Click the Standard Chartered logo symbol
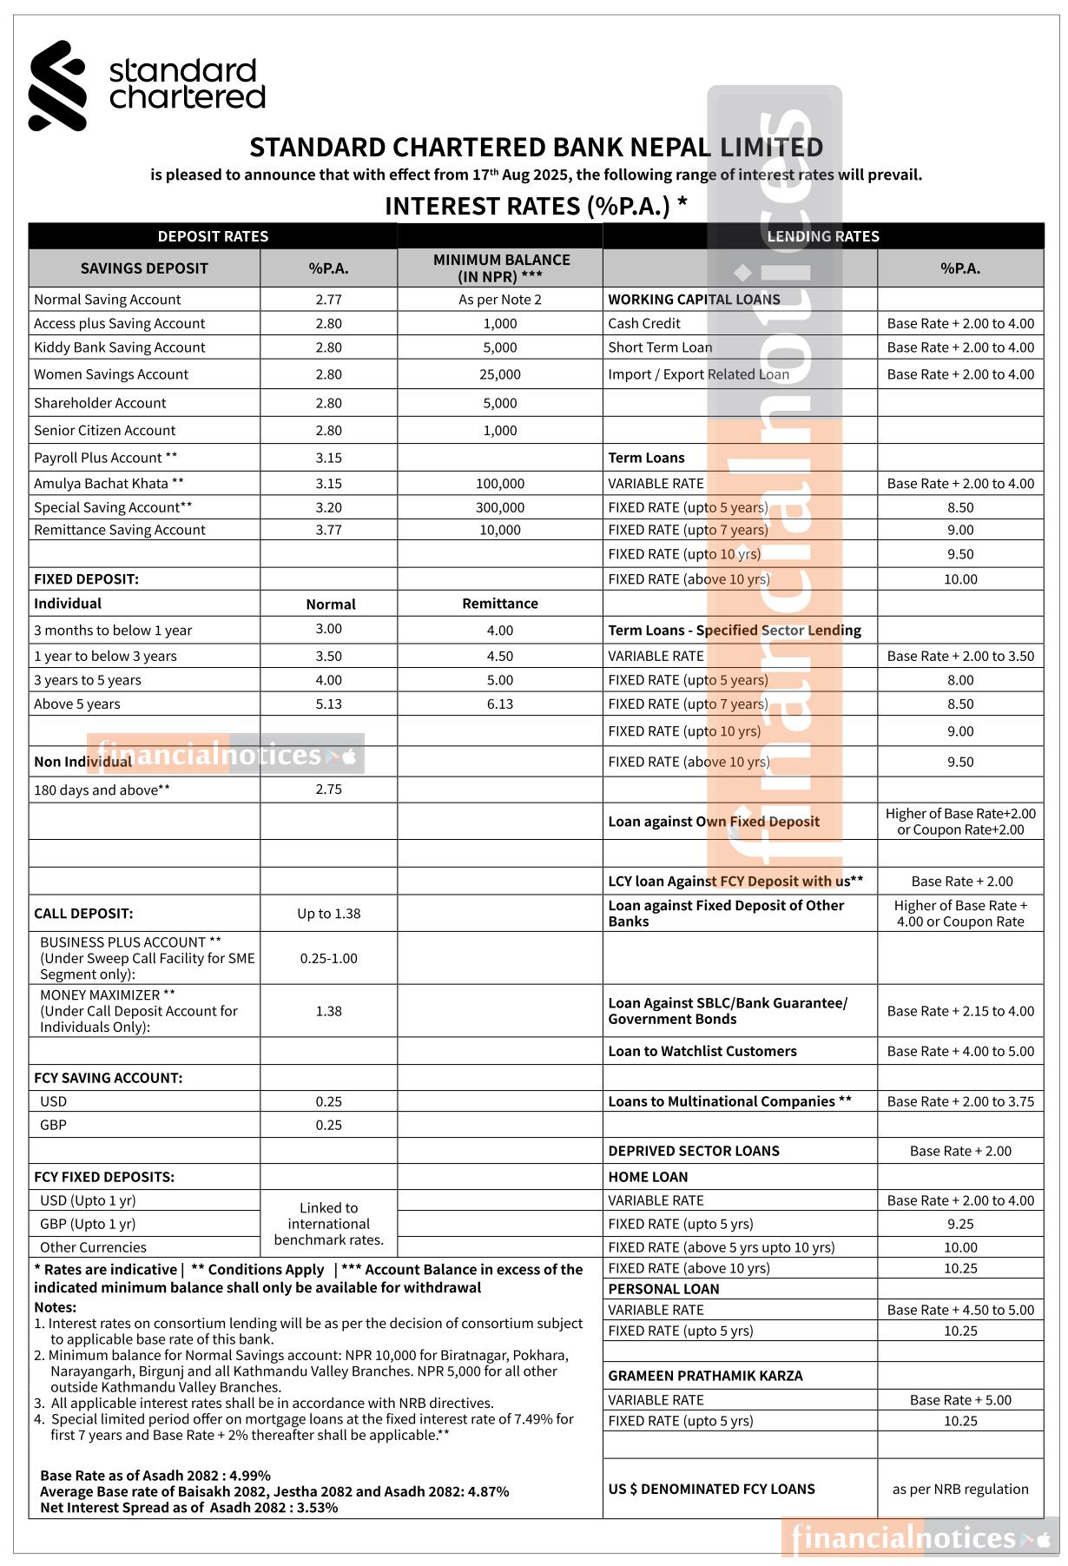[57, 85]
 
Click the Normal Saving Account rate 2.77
[328, 300]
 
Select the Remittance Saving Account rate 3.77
[328, 530]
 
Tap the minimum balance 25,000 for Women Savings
[500, 374]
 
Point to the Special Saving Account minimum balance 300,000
[500, 507]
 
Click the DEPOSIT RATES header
[213, 236]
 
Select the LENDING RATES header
[822, 236]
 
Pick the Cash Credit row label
[644, 323]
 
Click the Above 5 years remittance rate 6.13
[500, 704]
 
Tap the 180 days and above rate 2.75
[328, 790]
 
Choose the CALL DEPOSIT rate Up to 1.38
[328, 914]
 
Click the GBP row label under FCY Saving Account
[53, 1125]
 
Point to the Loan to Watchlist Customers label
[702, 1051]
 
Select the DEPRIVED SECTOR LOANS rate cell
[960, 1151]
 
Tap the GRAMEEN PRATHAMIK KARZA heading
[705, 1376]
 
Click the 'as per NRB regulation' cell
[960, 1489]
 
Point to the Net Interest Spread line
[188, 1508]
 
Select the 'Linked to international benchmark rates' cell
[328, 1224]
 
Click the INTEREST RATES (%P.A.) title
[536, 206]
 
